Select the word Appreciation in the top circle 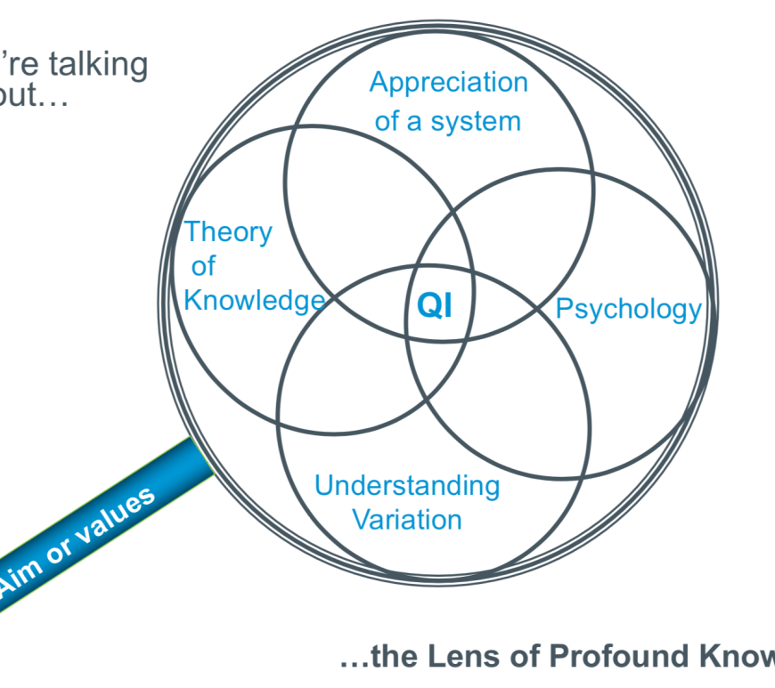pyautogui.click(x=448, y=83)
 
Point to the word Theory pyautogui.click(x=228, y=232)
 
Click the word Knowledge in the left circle pyautogui.click(x=253, y=300)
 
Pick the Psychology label pyautogui.click(x=628, y=309)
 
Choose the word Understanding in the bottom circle pyautogui.click(x=407, y=486)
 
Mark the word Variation pyautogui.click(x=407, y=519)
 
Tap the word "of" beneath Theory pyautogui.click(x=203, y=266)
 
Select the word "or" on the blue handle pyautogui.click(x=61, y=552)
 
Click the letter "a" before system pyautogui.click(x=415, y=121)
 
